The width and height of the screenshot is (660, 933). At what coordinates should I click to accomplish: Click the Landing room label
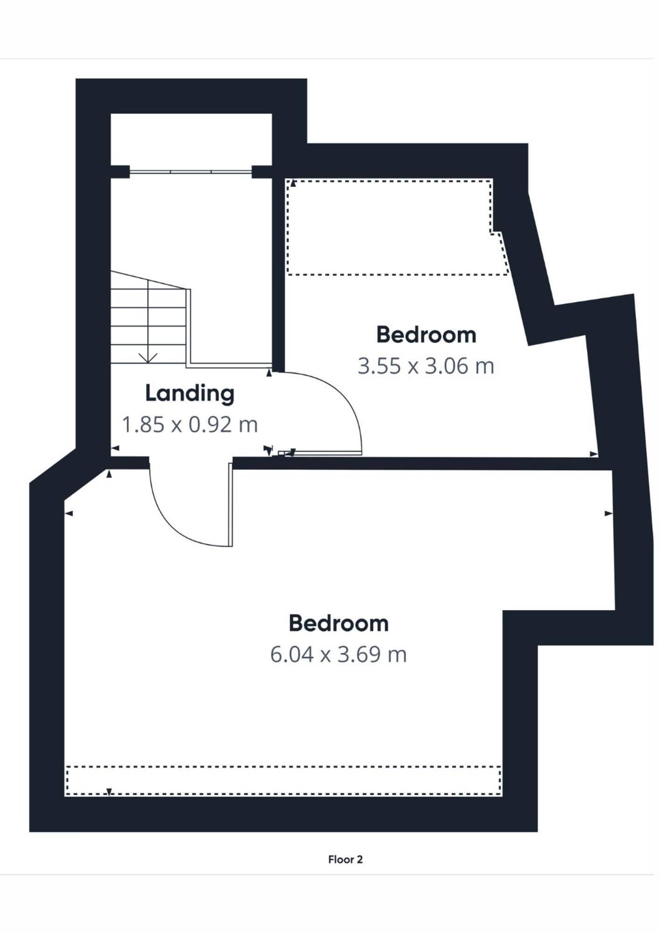pyautogui.click(x=190, y=393)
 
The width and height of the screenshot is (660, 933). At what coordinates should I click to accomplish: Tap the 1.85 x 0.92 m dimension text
pyautogui.click(x=190, y=425)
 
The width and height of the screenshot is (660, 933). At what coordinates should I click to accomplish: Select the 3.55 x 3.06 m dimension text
pyautogui.click(x=426, y=366)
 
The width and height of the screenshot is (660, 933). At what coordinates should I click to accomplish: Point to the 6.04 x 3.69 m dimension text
pyautogui.click(x=338, y=654)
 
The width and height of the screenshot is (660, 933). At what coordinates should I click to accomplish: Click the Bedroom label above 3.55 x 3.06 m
pyautogui.click(x=426, y=335)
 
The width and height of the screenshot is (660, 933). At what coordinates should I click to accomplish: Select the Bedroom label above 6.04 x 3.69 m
pyautogui.click(x=338, y=623)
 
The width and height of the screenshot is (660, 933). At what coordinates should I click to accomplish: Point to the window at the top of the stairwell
pyautogui.click(x=190, y=172)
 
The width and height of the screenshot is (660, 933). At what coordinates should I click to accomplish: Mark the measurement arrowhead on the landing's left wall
pyautogui.click(x=114, y=448)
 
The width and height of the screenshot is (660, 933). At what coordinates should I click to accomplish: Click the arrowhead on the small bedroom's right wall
pyautogui.click(x=594, y=454)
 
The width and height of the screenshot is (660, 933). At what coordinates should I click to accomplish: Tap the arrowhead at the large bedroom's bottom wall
pyautogui.click(x=109, y=792)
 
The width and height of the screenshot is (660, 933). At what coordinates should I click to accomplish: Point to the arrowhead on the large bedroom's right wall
pyautogui.click(x=608, y=513)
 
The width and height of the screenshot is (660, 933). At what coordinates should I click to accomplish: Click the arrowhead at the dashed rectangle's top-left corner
pyautogui.click(x=293, y=183)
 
